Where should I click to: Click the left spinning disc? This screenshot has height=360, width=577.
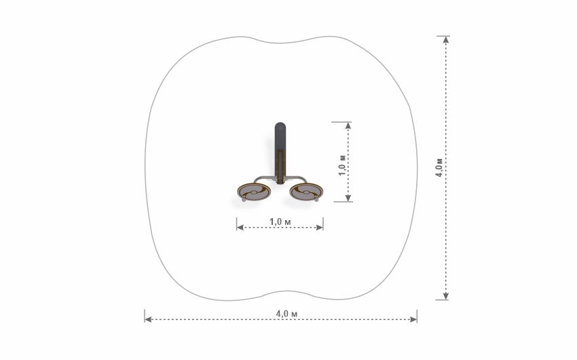pyautogui.click(x=254, y=192)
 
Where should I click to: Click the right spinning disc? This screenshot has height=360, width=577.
pyautogui.click(x=306, y=192)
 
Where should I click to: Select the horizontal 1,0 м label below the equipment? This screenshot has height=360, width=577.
pyautogui.click(x=280, y=222)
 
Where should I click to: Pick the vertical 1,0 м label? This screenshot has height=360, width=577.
pyautogui.click(x=342, y=165)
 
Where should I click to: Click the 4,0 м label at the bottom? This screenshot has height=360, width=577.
pyautogui.click(x=286, y=314)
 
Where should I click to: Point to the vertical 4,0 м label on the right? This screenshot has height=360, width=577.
pyautogui.click(x=439, y=168)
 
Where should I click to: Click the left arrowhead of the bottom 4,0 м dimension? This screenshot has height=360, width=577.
pyautogui.click(x=148, y=319)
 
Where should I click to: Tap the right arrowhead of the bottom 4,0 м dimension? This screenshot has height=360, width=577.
pyautogui.click(x=413, y=319)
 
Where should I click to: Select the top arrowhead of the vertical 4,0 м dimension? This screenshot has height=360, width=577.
pyautogui.click(x=446, y=40)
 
